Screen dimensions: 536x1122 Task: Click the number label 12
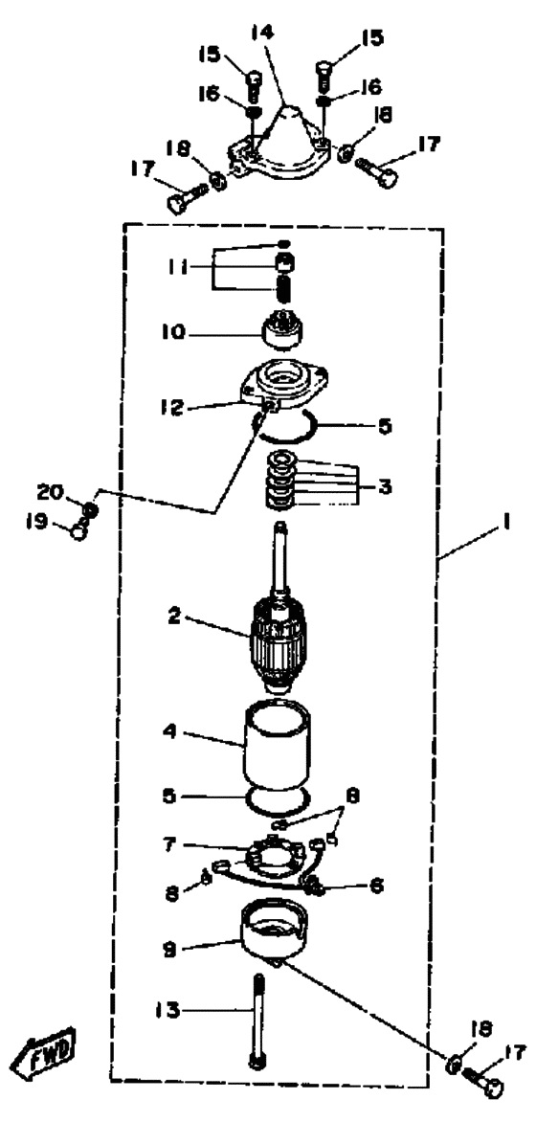pos(172,408)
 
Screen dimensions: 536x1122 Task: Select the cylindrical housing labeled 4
pos(279,747)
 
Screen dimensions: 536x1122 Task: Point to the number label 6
pos(375,885)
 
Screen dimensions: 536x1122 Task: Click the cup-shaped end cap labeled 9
pos(276,928)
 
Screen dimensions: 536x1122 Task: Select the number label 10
pos(174,332)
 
